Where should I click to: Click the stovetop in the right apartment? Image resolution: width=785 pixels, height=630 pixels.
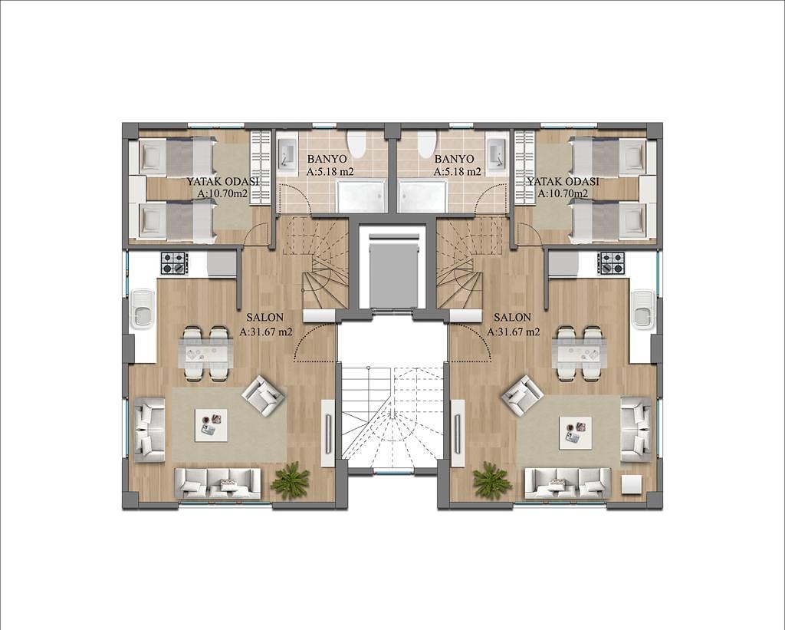pos(611,263)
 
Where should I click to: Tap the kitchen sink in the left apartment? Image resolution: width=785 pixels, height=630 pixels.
pos(143,308)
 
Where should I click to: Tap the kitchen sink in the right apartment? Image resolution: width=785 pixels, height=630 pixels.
pos(643,308)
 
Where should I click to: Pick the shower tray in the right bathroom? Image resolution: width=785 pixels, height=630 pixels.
pos(422,196)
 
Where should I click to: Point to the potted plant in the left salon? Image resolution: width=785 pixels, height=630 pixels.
pos(289,480)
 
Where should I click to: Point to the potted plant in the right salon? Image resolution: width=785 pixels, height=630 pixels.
pos(492,480)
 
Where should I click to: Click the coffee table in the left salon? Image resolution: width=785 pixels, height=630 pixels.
pos(211,425)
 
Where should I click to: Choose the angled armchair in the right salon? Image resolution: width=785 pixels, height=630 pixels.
pos(524,395)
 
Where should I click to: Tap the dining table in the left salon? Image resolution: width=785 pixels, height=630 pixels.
pos(207,353)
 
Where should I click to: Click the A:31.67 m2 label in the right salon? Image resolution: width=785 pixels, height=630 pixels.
pos(514,331)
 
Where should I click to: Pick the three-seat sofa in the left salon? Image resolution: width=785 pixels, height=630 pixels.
pos(217,483)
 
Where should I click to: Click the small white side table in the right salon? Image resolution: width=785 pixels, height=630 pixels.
pos(631,485)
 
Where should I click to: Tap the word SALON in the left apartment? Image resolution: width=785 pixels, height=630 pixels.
pos(264,317)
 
